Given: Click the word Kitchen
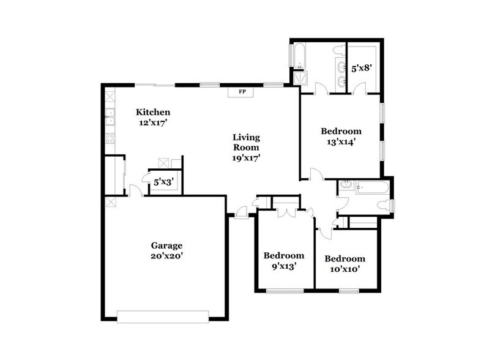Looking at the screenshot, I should point(152,112).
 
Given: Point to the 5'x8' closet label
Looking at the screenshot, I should point(361,69).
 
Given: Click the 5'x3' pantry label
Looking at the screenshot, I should point(163,182).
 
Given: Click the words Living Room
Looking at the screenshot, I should point(245,142).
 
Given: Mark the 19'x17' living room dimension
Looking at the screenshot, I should point(245,157).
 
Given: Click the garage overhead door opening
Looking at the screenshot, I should point(163,315).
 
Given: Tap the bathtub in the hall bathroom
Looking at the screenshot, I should point(371,187).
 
